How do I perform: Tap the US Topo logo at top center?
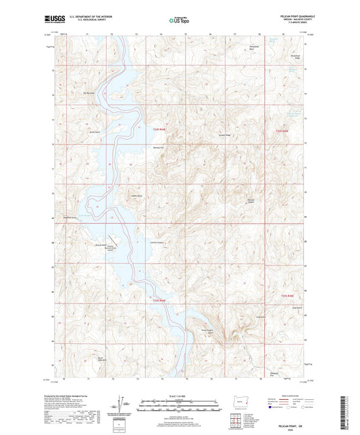(179, 20)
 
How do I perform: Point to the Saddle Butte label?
(135, 197)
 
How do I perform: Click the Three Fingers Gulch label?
(211, 331)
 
